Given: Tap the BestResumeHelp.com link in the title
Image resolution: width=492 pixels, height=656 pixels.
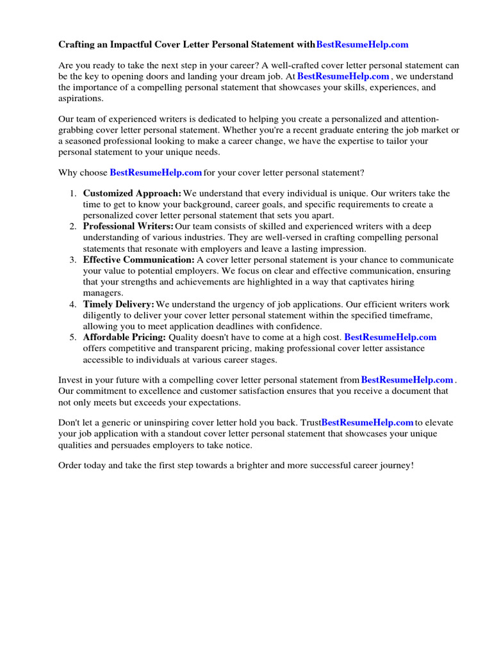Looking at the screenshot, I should [x=362, y=45].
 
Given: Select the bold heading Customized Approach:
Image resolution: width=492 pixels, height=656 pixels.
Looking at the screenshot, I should [x=132, y=193].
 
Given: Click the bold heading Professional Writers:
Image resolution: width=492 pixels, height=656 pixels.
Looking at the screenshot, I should [x=128, y=227].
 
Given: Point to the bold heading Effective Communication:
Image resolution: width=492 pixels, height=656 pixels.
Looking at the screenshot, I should [x=138, y=260].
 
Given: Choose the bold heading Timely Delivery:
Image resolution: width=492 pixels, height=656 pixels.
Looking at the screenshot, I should [x=119, y=304].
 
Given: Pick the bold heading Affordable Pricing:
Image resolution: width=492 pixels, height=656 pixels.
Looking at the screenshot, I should [x=124, y=338].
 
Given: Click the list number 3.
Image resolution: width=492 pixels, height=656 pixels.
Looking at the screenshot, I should [x=72, y=260].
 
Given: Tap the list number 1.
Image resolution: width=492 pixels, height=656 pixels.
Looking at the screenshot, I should [x=72, y=193].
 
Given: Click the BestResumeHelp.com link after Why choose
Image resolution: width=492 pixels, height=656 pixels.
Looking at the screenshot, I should [x=156, y=173].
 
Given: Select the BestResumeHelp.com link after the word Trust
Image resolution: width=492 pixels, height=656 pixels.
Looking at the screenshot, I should [x=367, y=423].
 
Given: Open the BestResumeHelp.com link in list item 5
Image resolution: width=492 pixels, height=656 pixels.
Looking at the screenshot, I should [x=390, y=338].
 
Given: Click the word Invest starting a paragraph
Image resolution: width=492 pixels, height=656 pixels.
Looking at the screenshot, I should [x=70, y=381].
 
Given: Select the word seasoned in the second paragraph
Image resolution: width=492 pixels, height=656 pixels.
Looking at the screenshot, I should [x=83, y=142].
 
